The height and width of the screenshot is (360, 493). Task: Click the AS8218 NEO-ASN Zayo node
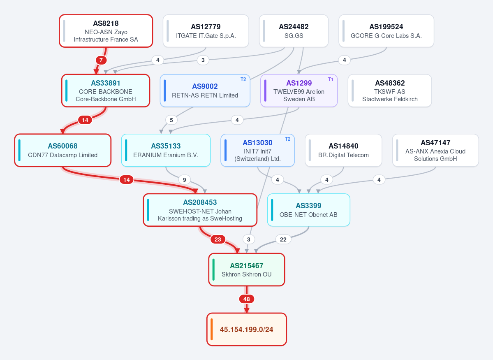pos(106,31)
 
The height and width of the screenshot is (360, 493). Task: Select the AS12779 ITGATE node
pos(206,31)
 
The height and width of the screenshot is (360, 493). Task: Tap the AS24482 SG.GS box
pos(294,31)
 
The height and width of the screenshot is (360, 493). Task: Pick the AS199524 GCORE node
pos(386,31)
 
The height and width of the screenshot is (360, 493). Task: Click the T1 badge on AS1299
pos(331,79)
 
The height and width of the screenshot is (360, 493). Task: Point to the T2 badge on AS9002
pos(243,79)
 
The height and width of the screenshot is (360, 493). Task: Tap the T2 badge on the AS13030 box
pos(287,139)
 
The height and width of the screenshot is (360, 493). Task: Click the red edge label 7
pos(101,60)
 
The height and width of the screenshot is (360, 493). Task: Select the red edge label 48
pos(247,299)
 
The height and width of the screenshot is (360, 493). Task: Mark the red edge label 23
pos(218,239)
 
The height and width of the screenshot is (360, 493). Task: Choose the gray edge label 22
pos(283,239)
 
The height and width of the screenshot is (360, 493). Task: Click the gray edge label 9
pos(184,180)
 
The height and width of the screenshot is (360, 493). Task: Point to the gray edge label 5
pos(171,120)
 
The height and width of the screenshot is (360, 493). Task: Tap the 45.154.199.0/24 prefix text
pos(247,330)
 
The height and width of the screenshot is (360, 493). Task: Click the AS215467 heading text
pos(247,266)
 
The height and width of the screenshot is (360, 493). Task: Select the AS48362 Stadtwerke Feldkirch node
pos(390,91)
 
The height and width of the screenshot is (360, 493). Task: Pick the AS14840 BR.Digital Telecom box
pos(343,151)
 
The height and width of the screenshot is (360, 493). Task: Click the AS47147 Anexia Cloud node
pos(435,151)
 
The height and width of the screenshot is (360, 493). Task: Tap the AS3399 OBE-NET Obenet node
pos(308,210)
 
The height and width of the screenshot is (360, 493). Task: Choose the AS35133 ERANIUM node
pos(166,151)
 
